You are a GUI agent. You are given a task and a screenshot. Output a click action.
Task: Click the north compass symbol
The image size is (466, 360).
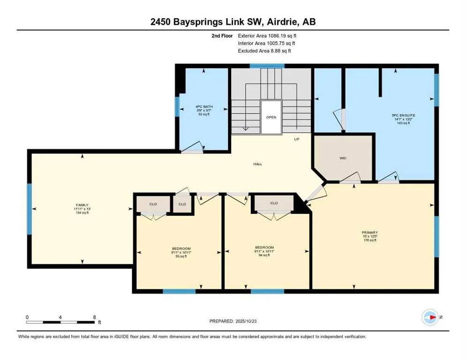click(x=429, y=317)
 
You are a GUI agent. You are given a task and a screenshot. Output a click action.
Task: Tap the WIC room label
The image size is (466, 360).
click(x=343, y=158)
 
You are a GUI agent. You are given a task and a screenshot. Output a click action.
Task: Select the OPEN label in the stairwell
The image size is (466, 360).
click(x=271, y=117)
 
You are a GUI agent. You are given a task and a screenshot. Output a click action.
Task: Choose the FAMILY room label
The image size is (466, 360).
click(x=82, y=205)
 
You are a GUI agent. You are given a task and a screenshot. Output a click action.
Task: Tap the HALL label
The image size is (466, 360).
click(x=257, y=164)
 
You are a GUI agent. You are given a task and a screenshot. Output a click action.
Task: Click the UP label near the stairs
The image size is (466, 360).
click(x=296, y=139)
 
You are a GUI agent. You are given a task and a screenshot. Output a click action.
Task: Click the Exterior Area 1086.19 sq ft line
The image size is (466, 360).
click(x=267, y=35)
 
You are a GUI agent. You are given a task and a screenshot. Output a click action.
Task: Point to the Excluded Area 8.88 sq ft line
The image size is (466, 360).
click(x=267, y=51)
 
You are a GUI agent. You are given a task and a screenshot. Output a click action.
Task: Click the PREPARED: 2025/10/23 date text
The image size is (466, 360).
click(x=233, y=321)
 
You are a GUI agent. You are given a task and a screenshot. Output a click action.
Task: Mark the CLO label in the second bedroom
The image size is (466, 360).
click(x=274, y=203)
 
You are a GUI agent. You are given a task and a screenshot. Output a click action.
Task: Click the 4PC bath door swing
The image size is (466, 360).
click(x=193, y=149)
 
